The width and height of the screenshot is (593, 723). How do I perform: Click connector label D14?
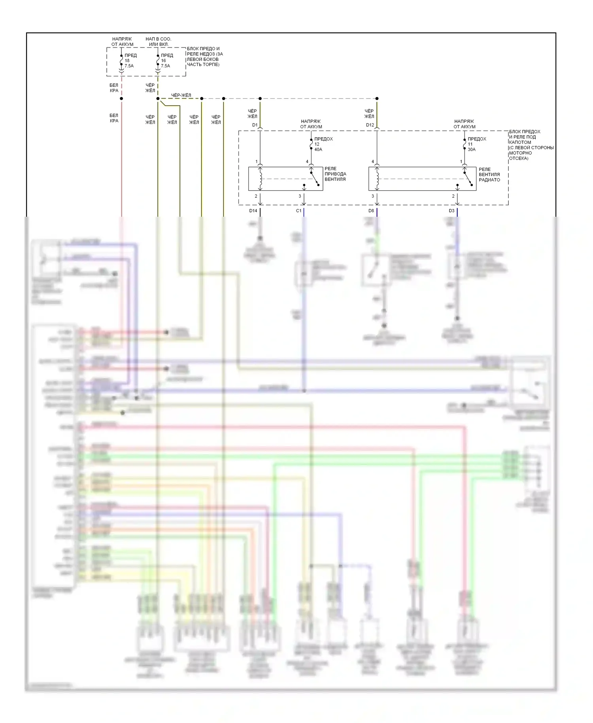tap(253, 211)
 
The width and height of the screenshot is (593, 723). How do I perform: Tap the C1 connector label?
tap(298, 211)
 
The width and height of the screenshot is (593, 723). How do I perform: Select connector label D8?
tap(371, 211)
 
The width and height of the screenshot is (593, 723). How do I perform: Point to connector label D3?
tap(451, 211)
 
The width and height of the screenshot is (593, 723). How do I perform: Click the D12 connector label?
tap(370, 125)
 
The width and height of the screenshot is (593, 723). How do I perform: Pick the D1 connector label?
tap(255, 125)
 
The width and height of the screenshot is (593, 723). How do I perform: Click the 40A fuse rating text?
tap(318, 150)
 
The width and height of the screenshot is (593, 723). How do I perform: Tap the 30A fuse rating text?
tap(472, 150)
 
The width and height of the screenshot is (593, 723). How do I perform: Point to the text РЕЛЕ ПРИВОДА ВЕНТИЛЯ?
tap(335, 174)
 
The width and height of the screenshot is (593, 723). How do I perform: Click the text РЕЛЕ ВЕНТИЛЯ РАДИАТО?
tap(489, 174)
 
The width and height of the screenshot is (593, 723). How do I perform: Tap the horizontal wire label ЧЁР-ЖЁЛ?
tap(181, 95)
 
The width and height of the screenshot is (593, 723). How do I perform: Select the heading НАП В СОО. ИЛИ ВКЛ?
tap(158, 42)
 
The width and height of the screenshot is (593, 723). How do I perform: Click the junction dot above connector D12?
tap(377, 98)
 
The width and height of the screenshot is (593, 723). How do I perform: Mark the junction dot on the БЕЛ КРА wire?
tap(121, 98)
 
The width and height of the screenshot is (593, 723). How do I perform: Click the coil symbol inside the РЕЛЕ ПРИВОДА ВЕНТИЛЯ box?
tap(261, 178)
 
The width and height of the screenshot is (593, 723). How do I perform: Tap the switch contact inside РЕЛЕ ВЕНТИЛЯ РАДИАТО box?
tap(468, 178)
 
